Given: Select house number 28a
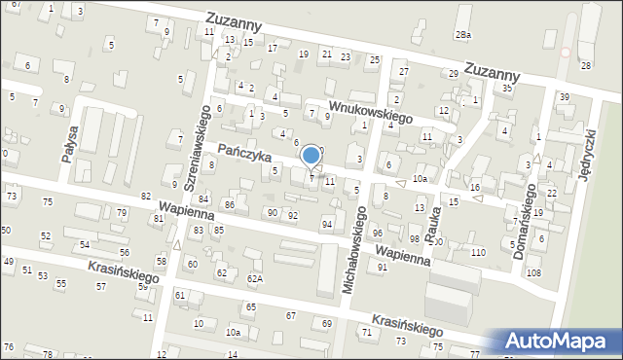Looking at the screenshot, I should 463,35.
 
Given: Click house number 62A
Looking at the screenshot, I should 254,279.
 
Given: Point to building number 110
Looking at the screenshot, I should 477,253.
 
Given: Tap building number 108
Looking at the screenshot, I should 533,272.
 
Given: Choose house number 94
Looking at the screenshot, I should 327,225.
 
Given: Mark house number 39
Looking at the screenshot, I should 564,96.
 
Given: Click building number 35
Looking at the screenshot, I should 507,89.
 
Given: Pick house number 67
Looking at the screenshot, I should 291,316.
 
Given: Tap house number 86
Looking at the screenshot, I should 230,205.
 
